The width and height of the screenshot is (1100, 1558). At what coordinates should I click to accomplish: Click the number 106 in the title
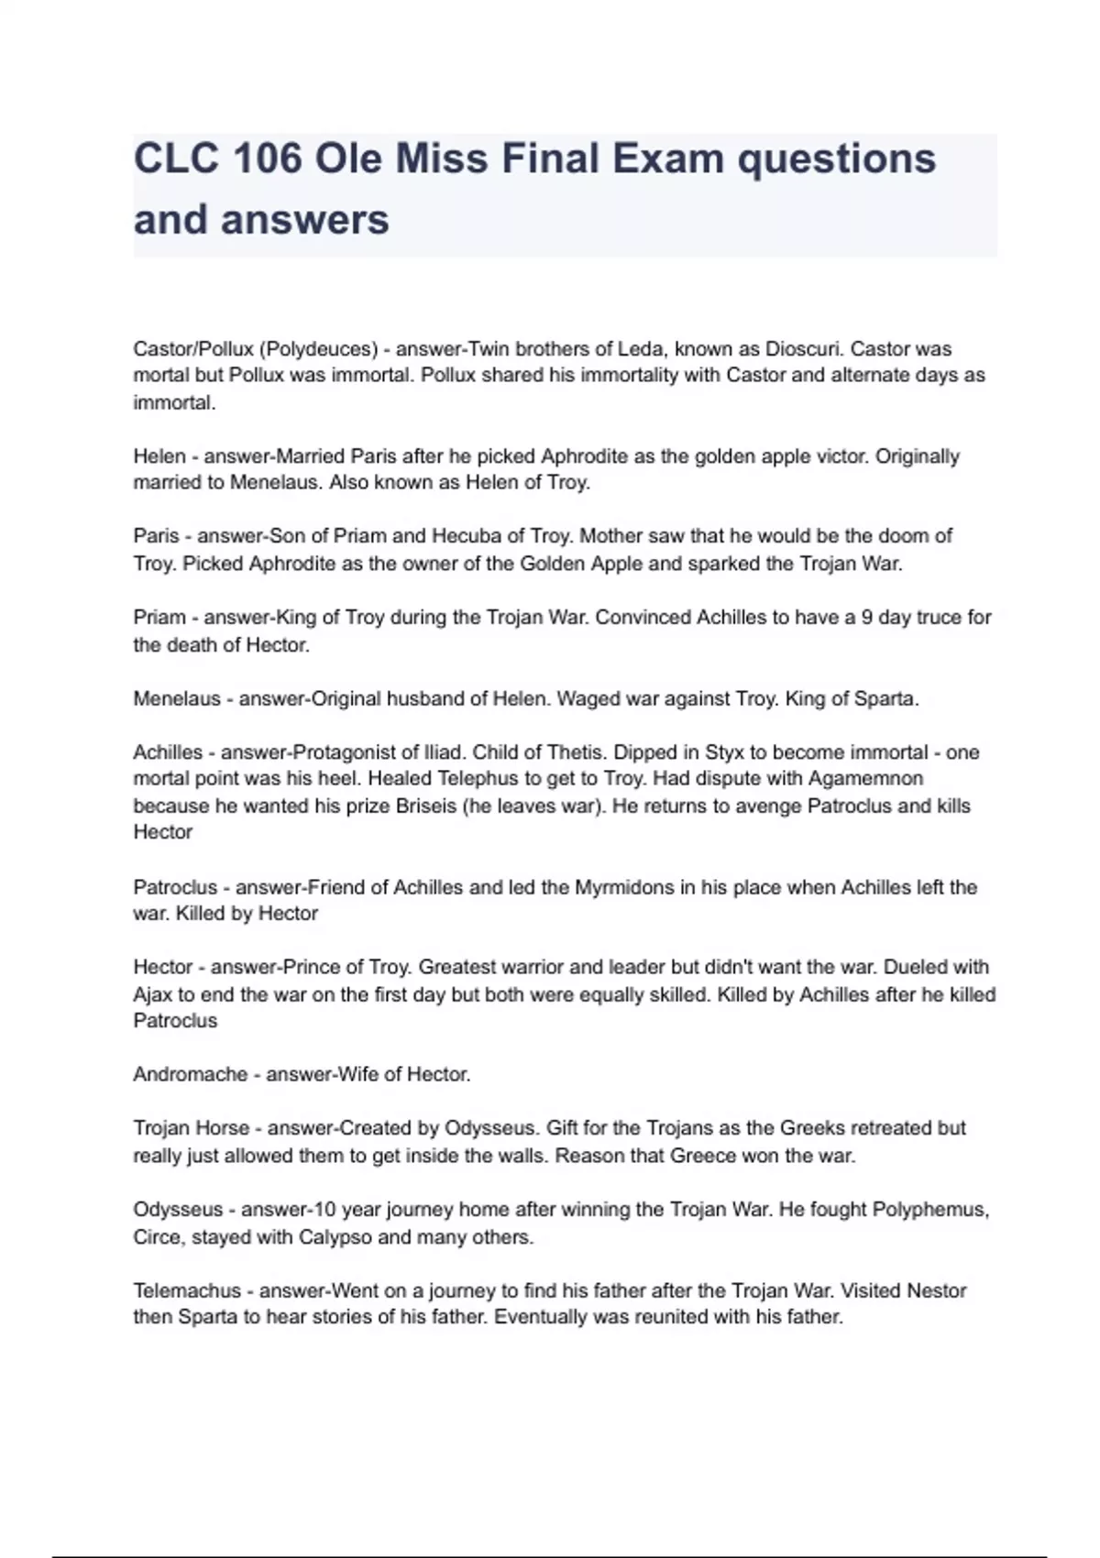(268, 159)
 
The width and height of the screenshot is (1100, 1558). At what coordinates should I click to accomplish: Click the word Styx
(725, 752)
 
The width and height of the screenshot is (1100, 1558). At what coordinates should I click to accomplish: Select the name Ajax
(153, 995)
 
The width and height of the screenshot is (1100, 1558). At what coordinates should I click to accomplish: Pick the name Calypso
(335, 1237)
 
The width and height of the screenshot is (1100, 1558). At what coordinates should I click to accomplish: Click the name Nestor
(936, 1291)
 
